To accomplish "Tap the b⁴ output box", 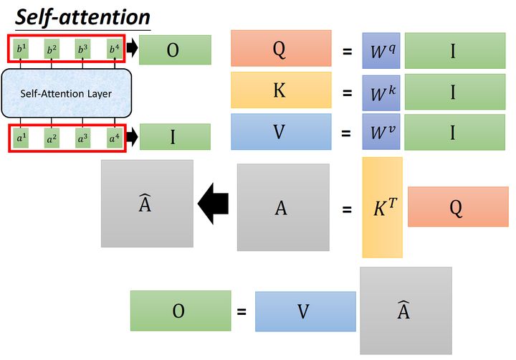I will (x=113, y=49).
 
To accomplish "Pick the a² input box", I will (x=51, y=136).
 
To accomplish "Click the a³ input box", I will (x=82, y=136).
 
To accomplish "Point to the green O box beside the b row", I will (x=174, y=50).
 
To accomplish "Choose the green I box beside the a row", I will (x=174, y=136).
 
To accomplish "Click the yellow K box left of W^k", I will (x=281, y=90).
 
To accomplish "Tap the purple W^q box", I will (x=381, y=50).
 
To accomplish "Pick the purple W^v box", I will (x=381, y=132).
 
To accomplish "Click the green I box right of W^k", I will (x=453, y=91).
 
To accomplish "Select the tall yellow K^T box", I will (x=382, y=207).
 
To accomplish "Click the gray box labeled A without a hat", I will (x=282, y=208).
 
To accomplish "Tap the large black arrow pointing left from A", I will (x=213, y=204).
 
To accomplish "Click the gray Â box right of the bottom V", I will (x=405, y=310).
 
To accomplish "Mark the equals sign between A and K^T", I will (x=347, y=210).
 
